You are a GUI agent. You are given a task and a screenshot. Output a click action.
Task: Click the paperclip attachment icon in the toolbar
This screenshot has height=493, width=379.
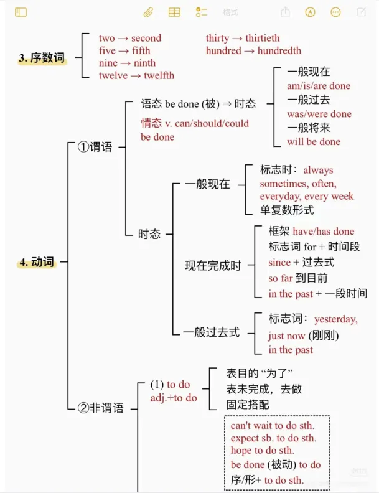[148, 12]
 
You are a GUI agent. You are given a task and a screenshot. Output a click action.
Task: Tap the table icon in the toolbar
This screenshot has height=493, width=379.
[175, 12]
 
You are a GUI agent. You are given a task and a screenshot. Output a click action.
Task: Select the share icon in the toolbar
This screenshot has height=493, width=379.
[285, 12]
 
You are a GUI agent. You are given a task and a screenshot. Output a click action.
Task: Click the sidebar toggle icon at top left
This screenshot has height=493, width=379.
[21, 12]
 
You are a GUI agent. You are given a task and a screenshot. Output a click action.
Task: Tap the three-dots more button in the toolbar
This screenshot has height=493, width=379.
[335, 12]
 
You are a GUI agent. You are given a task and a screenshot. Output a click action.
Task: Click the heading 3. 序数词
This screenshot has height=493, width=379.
[42, 58]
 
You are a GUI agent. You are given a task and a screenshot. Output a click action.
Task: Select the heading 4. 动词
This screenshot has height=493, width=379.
[37, 262]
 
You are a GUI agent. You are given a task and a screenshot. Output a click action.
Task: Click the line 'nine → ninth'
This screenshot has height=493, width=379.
[128, 63]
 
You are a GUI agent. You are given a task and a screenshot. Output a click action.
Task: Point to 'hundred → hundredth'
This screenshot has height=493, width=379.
[253, 50]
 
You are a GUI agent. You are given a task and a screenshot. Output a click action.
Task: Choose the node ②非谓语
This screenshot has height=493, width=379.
[100, 408]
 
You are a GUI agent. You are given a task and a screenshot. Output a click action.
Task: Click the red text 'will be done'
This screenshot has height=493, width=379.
[314, 141]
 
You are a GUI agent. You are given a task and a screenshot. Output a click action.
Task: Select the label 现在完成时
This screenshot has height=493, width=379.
[213, 266]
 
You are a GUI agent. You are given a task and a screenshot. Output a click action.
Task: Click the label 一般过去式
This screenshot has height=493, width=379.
[211, 332]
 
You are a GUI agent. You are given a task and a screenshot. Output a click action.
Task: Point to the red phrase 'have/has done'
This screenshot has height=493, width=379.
[324, 231]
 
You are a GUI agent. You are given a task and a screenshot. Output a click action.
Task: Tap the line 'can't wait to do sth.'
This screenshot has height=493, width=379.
[273, 426]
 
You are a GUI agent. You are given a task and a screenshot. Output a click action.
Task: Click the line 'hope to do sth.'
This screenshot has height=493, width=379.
[263, 450]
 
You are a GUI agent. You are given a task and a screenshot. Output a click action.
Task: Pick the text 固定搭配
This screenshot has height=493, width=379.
[248, 404]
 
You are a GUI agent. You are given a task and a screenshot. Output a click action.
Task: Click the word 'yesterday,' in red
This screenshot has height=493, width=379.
[335, 319]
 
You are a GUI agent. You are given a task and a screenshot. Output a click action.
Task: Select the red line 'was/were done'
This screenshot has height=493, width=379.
[319, 114]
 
